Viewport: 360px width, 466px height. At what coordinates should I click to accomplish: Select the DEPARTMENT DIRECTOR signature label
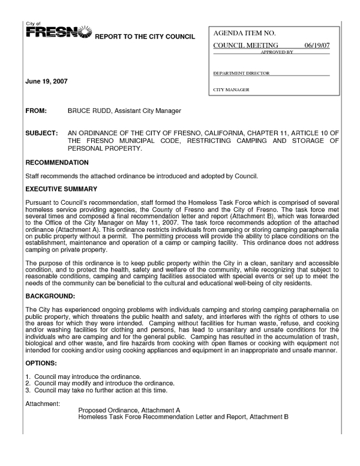click(241, 73)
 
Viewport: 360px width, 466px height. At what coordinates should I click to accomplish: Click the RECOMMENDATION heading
click(57, 163)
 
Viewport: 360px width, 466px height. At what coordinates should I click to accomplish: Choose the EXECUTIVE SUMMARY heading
click(61, 189)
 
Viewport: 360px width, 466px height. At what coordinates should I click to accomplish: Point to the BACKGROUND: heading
click(50, 297)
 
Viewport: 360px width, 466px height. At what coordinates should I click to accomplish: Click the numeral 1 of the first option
click(28, 377)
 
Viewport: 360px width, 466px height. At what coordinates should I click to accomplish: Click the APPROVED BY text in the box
click(277, 52)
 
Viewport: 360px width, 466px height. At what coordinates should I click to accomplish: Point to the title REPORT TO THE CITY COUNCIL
click(145, 37)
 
